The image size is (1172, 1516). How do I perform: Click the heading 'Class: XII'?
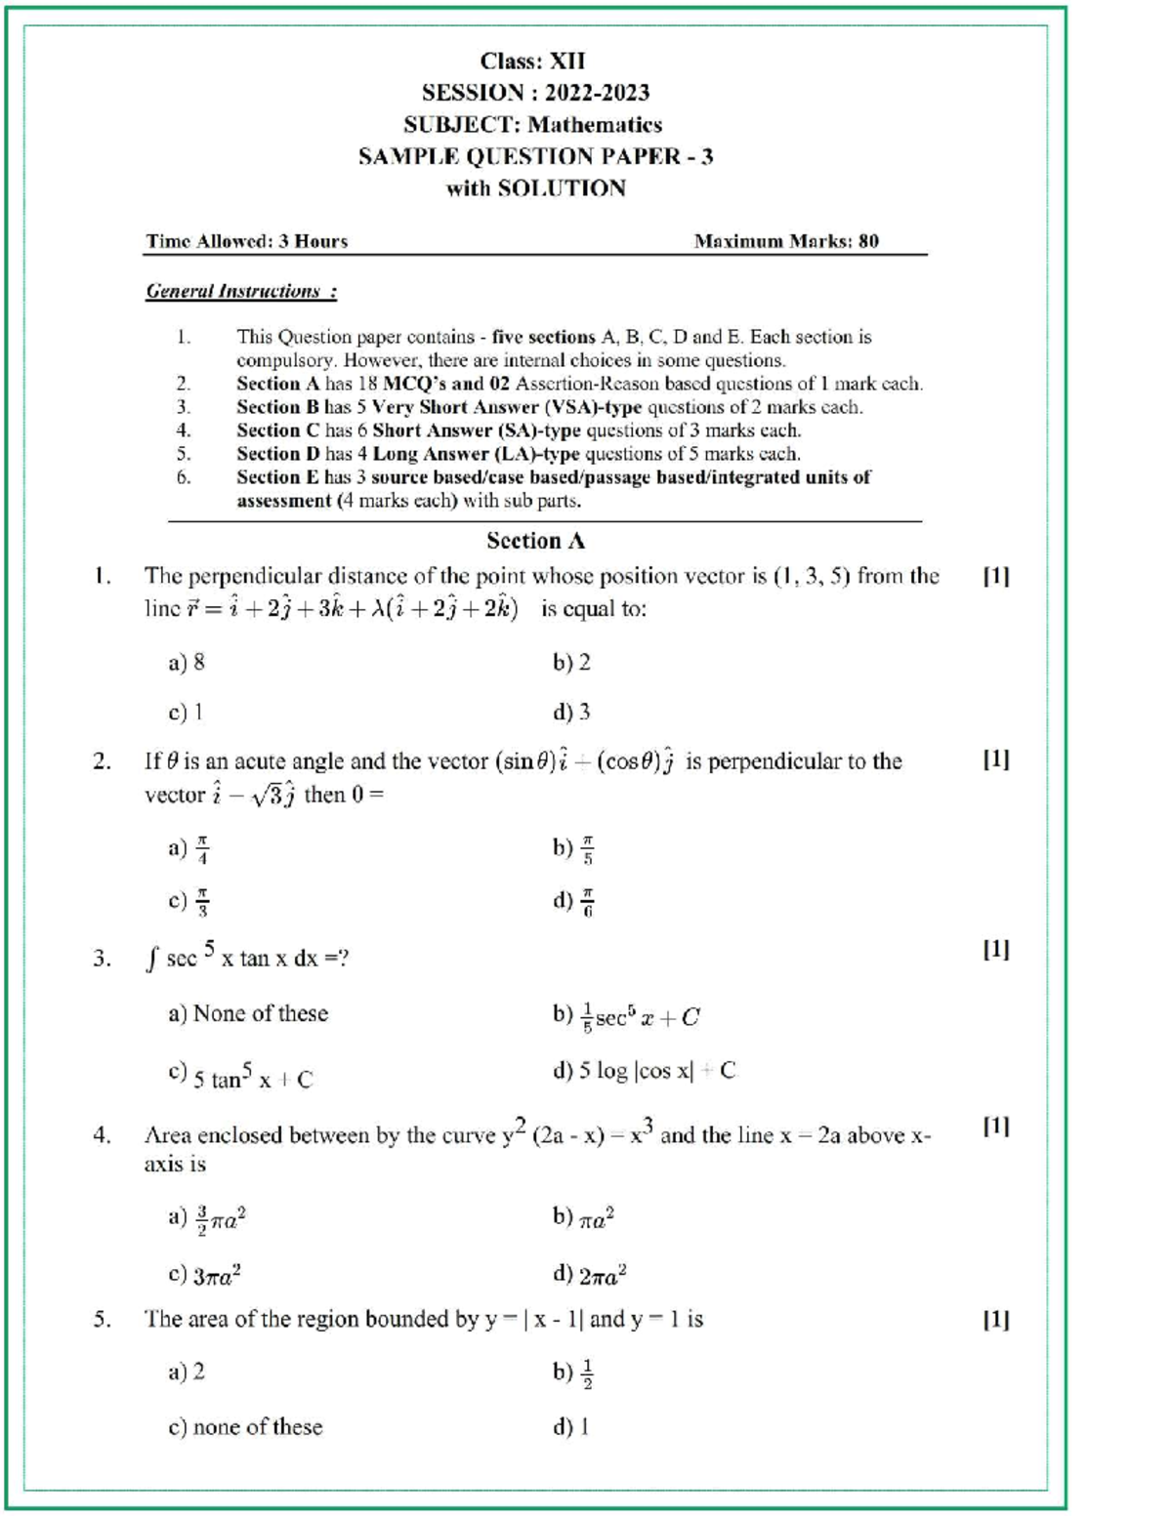point(533,61)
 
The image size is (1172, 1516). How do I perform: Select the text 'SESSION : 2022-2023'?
point(535,93)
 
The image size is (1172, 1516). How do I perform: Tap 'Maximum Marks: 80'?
point(785,241)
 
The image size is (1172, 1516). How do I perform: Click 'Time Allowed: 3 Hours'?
point(247,241)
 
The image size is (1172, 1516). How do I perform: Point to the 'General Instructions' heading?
point(241,291)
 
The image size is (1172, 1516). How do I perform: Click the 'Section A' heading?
point(535,541)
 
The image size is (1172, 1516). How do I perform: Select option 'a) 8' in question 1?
point(187,663)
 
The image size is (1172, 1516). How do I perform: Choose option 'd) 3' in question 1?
point(571,713)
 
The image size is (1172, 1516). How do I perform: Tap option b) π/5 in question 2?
point(573,848)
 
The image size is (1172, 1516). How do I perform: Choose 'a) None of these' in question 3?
point(248,1014)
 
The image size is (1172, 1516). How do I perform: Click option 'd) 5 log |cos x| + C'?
point(644,1071)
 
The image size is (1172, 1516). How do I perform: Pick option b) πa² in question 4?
point(583,1217)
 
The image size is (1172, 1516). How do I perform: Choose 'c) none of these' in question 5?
point(245,1427)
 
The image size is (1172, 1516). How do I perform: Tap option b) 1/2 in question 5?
point(573,1373)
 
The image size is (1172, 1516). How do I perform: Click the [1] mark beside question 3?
point(995,949)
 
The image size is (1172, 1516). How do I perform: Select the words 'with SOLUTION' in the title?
point(535,188)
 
